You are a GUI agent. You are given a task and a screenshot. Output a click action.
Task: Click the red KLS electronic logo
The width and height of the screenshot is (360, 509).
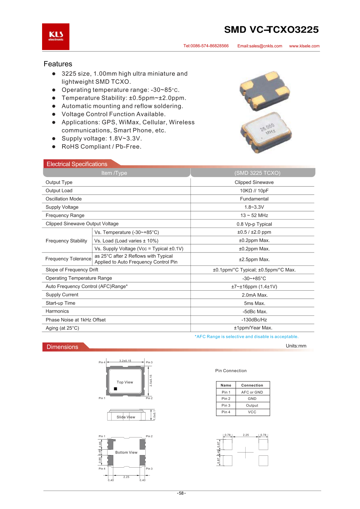tap(56, 37)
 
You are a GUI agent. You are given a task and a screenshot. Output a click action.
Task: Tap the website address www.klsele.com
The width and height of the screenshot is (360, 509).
tap(304, 46)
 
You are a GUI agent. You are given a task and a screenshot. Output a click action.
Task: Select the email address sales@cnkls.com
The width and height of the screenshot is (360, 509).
tap(260, 46)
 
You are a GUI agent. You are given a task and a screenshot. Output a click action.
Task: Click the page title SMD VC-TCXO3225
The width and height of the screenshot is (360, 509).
tap(271, 29)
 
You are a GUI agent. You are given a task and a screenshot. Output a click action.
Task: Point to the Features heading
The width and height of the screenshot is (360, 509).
tap(58, 64)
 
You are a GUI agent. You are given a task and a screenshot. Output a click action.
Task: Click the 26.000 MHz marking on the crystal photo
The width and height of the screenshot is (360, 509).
tap(268, 129)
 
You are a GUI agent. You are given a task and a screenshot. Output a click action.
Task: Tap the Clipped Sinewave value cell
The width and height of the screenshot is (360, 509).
tap(254, 182)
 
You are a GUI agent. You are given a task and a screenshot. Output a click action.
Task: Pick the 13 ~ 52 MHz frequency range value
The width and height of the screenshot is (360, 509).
tap(254, 215)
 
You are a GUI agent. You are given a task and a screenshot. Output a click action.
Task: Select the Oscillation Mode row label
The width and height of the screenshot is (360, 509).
tap(64, 199)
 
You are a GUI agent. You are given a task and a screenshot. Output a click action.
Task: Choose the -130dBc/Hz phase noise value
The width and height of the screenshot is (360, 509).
tap(254, 320)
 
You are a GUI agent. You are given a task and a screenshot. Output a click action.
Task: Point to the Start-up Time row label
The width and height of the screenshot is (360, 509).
tap(60, 303)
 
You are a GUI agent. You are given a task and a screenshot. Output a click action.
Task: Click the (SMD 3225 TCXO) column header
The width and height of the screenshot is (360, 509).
tap(257, 173)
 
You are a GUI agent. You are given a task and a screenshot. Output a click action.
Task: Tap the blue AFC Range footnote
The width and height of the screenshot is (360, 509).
tap(246, 337)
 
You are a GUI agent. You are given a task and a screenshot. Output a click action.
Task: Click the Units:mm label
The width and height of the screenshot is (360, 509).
tap(296, 346)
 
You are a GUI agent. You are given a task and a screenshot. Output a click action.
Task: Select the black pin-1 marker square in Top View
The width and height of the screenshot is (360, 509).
tap(115, 389)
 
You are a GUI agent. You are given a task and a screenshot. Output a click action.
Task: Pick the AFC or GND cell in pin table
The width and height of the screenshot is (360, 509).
tap(252, 392)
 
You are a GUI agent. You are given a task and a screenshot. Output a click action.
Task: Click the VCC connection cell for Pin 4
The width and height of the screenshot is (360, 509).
tap(252, 412)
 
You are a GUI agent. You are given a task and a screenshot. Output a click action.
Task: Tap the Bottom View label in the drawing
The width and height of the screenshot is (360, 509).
tap(126, 453)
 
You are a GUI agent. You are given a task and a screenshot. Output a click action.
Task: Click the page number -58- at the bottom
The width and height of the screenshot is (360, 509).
tap(181, 493)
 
